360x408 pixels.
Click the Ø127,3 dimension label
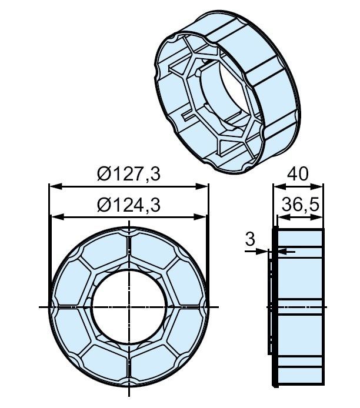128,174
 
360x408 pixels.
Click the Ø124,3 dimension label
128,205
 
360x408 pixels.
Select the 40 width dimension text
298,174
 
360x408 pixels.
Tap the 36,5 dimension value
301,205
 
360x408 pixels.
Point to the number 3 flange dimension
250,239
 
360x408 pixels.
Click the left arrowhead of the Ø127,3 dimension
56,186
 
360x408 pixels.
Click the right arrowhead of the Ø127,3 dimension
202,186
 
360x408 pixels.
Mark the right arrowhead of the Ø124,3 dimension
200,217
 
